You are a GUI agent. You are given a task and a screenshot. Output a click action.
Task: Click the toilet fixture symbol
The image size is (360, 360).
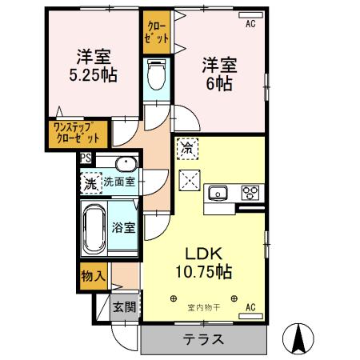(157, 78)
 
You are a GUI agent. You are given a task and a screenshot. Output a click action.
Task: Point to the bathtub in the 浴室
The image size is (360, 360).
(95, 226)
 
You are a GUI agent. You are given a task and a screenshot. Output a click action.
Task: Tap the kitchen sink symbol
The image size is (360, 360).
(218, 192)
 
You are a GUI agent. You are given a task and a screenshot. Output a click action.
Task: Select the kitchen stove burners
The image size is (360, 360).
(251, 192)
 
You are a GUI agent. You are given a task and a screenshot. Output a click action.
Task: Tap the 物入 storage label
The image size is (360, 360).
(93, 276)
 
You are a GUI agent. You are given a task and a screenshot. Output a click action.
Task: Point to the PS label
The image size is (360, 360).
(85, 158)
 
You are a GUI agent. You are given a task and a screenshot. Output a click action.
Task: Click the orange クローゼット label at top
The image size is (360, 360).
(157, 30)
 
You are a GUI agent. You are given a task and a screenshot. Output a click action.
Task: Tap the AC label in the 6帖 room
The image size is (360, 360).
(250, 25)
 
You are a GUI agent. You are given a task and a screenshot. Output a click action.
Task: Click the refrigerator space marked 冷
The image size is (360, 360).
(187, 149)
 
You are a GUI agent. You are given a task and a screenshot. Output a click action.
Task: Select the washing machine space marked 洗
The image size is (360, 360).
(91, 183)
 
